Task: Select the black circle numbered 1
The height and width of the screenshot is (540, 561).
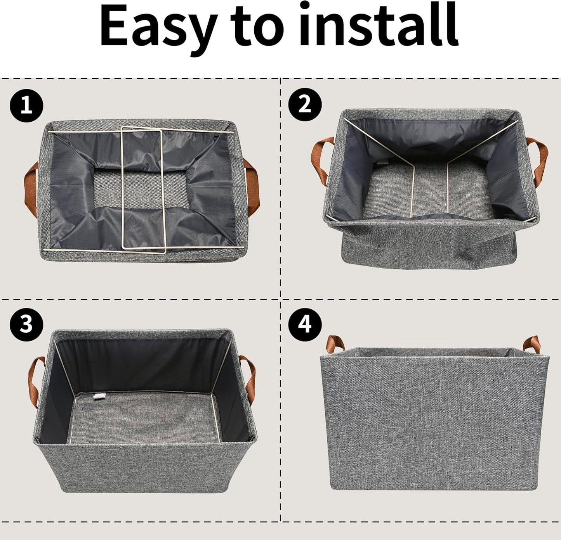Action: pos(26,105)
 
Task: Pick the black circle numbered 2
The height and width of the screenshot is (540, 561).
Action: pos(305,105)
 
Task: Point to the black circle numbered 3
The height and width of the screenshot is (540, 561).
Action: pos(26,323)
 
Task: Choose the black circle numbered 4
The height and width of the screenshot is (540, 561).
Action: pos(305,323)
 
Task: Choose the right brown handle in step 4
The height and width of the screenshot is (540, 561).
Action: pos(530,344)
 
